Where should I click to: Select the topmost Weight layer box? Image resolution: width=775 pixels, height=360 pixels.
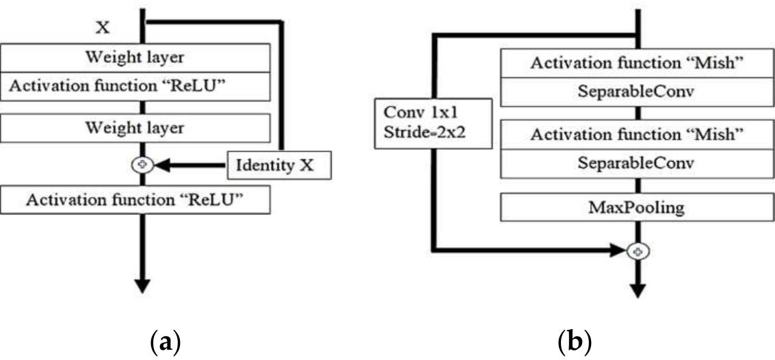tap(134, 57)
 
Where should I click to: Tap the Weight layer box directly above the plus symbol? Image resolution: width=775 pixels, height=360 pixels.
tap(134, 127)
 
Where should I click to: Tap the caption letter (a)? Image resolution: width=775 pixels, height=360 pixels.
tap(165, 339)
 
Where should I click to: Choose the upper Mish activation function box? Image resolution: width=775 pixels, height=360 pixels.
tap(637, 65)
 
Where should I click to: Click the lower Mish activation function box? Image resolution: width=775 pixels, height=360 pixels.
tap(637, 135)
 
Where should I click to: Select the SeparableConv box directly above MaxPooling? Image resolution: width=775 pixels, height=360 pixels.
tap(637, 163)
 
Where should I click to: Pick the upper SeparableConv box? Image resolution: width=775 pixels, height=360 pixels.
tap(637, 92)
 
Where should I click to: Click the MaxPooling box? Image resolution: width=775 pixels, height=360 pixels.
tap(637, 207)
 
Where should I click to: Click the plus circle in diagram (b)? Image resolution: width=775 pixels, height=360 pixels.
tap(638, 252)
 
